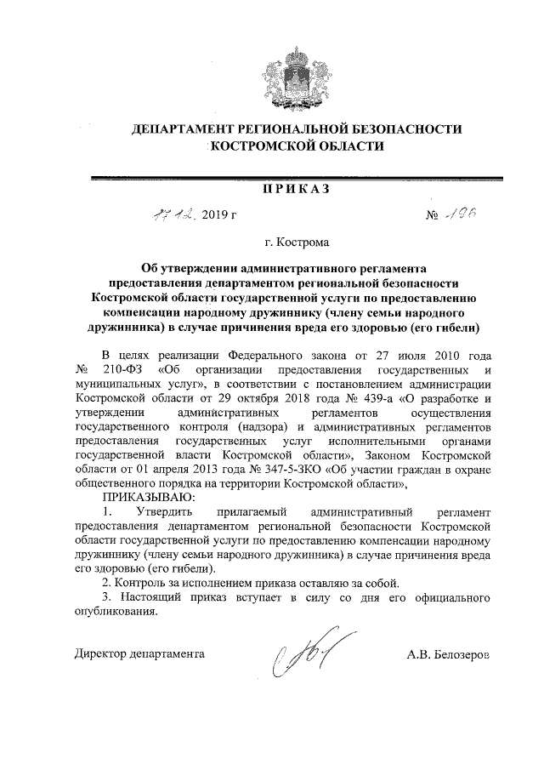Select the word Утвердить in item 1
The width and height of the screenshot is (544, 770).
(166, 512)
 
